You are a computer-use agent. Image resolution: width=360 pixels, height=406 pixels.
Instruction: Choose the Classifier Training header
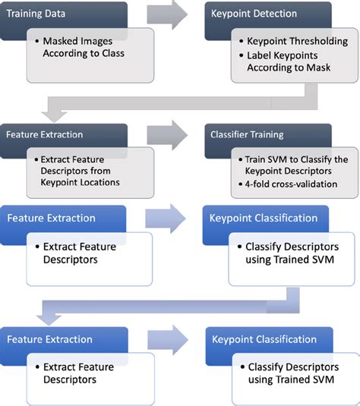click(247, 134)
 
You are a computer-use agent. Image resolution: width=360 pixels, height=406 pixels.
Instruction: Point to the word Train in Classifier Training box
click(256, 160)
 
